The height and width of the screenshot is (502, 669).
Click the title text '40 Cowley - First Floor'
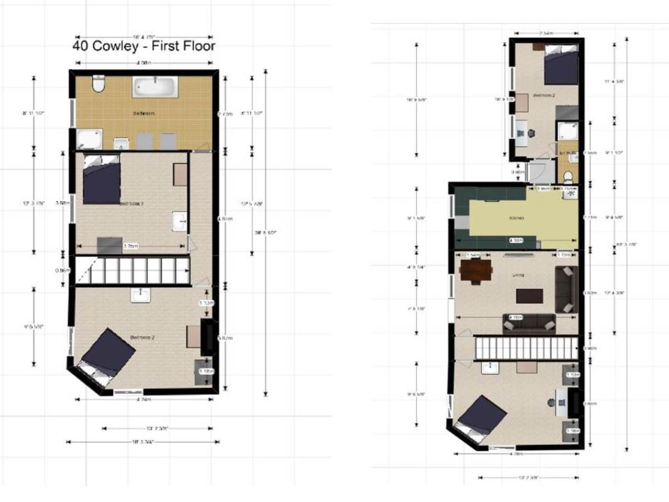pyautogui.click(x=144, y=46)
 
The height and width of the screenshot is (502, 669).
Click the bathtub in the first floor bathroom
pyautogui.click(x=155, y=87)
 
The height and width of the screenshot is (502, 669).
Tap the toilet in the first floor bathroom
pyautogui.click(x=98, y=85)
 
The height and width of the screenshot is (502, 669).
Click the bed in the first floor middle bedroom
pyautogui.click(x=101, y=180)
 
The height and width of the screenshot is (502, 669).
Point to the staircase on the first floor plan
pyautogui.click(x=133, y=271)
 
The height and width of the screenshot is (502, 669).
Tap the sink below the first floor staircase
pyautogui.click(x=139, y=295)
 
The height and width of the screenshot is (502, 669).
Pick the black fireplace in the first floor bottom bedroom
pyautogui.click(x=207, y=337)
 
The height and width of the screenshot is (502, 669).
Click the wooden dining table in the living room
pyautogui.click(x=476, y=271)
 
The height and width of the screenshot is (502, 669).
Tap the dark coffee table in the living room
pyautogui.click(x=530, y=296)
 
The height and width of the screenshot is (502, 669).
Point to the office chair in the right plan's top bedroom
pyautogui.click(x=531, y=133)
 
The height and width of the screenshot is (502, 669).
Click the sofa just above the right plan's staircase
pyautogui.click(x=530, y=323)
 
